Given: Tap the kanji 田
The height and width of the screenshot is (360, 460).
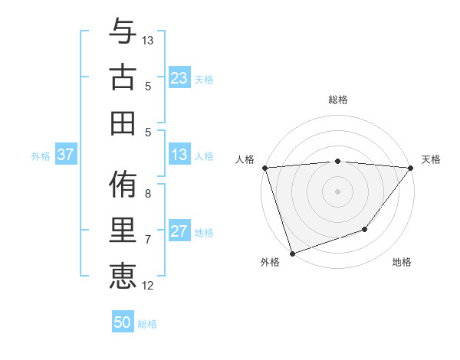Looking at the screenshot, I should point(123,122).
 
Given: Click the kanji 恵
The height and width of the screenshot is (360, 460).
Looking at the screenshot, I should point(123,275).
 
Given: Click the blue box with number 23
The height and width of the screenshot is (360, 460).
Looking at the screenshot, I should point(179,78).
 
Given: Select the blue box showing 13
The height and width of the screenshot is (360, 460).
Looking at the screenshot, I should point(179,155).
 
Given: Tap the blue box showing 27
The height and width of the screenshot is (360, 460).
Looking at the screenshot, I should point(179,232).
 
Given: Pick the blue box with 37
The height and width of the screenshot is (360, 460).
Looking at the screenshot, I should point(66,155).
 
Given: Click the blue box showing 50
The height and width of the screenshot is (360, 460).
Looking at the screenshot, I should point(123,323).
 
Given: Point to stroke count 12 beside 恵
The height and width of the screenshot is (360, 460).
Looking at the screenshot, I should point(148,286).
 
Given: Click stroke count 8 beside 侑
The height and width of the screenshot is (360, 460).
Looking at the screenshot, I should point(148,194).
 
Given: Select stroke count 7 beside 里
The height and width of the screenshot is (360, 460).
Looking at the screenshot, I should point(148,240).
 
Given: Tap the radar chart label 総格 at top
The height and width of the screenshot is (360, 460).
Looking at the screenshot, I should point(337,100).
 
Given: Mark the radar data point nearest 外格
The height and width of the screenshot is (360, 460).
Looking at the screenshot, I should point(292,254).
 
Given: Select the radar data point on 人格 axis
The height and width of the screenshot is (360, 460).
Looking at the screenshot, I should point(264,168).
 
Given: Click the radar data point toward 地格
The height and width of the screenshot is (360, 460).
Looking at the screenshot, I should point(365,229).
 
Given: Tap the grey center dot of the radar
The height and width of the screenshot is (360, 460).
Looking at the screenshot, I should point(337,191).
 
